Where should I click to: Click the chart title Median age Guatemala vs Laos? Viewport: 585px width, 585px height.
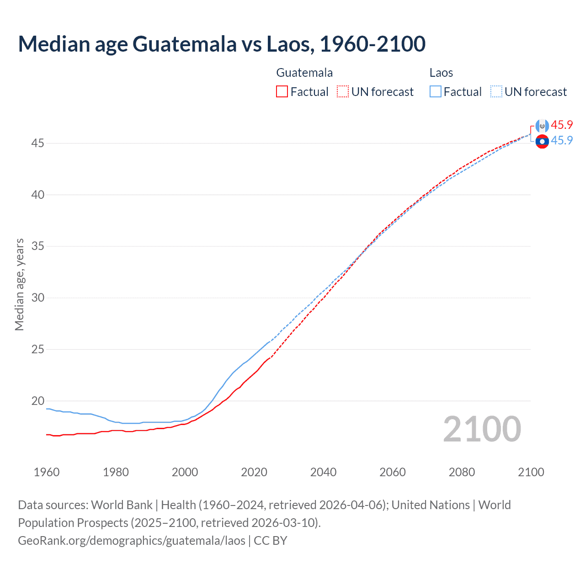(x=222, y=44)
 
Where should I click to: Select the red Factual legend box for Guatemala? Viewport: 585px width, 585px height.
(x=282, y=91)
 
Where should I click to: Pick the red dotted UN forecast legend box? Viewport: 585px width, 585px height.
(x=343, y=91)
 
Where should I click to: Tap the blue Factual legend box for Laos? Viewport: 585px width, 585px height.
(x=435, y=91)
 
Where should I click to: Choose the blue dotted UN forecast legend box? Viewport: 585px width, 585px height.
(x=496, y=91)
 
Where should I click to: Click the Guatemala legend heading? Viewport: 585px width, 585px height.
(x=304, y=73)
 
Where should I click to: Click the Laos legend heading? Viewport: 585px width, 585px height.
(x=441, y=73)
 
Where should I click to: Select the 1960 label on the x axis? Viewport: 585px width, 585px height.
(x=47, y=472)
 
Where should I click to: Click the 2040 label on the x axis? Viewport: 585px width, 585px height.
(x=323, y=472)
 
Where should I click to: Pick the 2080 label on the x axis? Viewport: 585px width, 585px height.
(x=462, y=472)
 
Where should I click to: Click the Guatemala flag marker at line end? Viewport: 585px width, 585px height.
(x=542, y=126)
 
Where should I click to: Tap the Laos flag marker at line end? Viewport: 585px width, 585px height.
(x=542, y=142)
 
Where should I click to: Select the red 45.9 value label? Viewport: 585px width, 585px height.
(x=562, y=125)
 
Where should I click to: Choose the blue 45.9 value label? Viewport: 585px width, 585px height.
(x=562, y=140)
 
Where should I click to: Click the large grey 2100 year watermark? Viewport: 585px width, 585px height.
(x=482, y=429)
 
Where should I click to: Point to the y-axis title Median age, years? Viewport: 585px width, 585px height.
(x=19, y=284)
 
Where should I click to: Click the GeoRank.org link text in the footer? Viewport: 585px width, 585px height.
(x=132, y=540)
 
